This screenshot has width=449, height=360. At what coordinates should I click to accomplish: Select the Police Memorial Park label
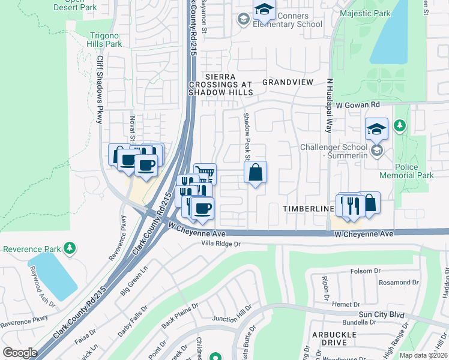click(x=406, y=170)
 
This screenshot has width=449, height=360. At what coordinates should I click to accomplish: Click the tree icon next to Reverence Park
click(x=70, y=247)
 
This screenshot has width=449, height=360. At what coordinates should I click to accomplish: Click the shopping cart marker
click(x=205, y=173)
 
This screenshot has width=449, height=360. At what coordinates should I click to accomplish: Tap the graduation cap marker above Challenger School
click(x=376, y=128)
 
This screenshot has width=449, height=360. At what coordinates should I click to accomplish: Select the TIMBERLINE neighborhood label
click(x=309, y=208)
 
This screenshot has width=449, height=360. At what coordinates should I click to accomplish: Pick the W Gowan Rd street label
click(x=358, y=104)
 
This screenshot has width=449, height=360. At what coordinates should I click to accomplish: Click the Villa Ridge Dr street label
click(x=220, y=244)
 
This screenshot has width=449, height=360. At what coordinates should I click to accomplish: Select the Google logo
click(x=20, y=353)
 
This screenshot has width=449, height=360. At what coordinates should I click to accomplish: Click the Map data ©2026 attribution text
click(x=423, y=355)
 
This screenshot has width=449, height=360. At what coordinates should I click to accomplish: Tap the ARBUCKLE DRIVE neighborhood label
click(x=329, y=337)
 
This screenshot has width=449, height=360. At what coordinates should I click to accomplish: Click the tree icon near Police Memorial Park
click(x=400, y=126)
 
